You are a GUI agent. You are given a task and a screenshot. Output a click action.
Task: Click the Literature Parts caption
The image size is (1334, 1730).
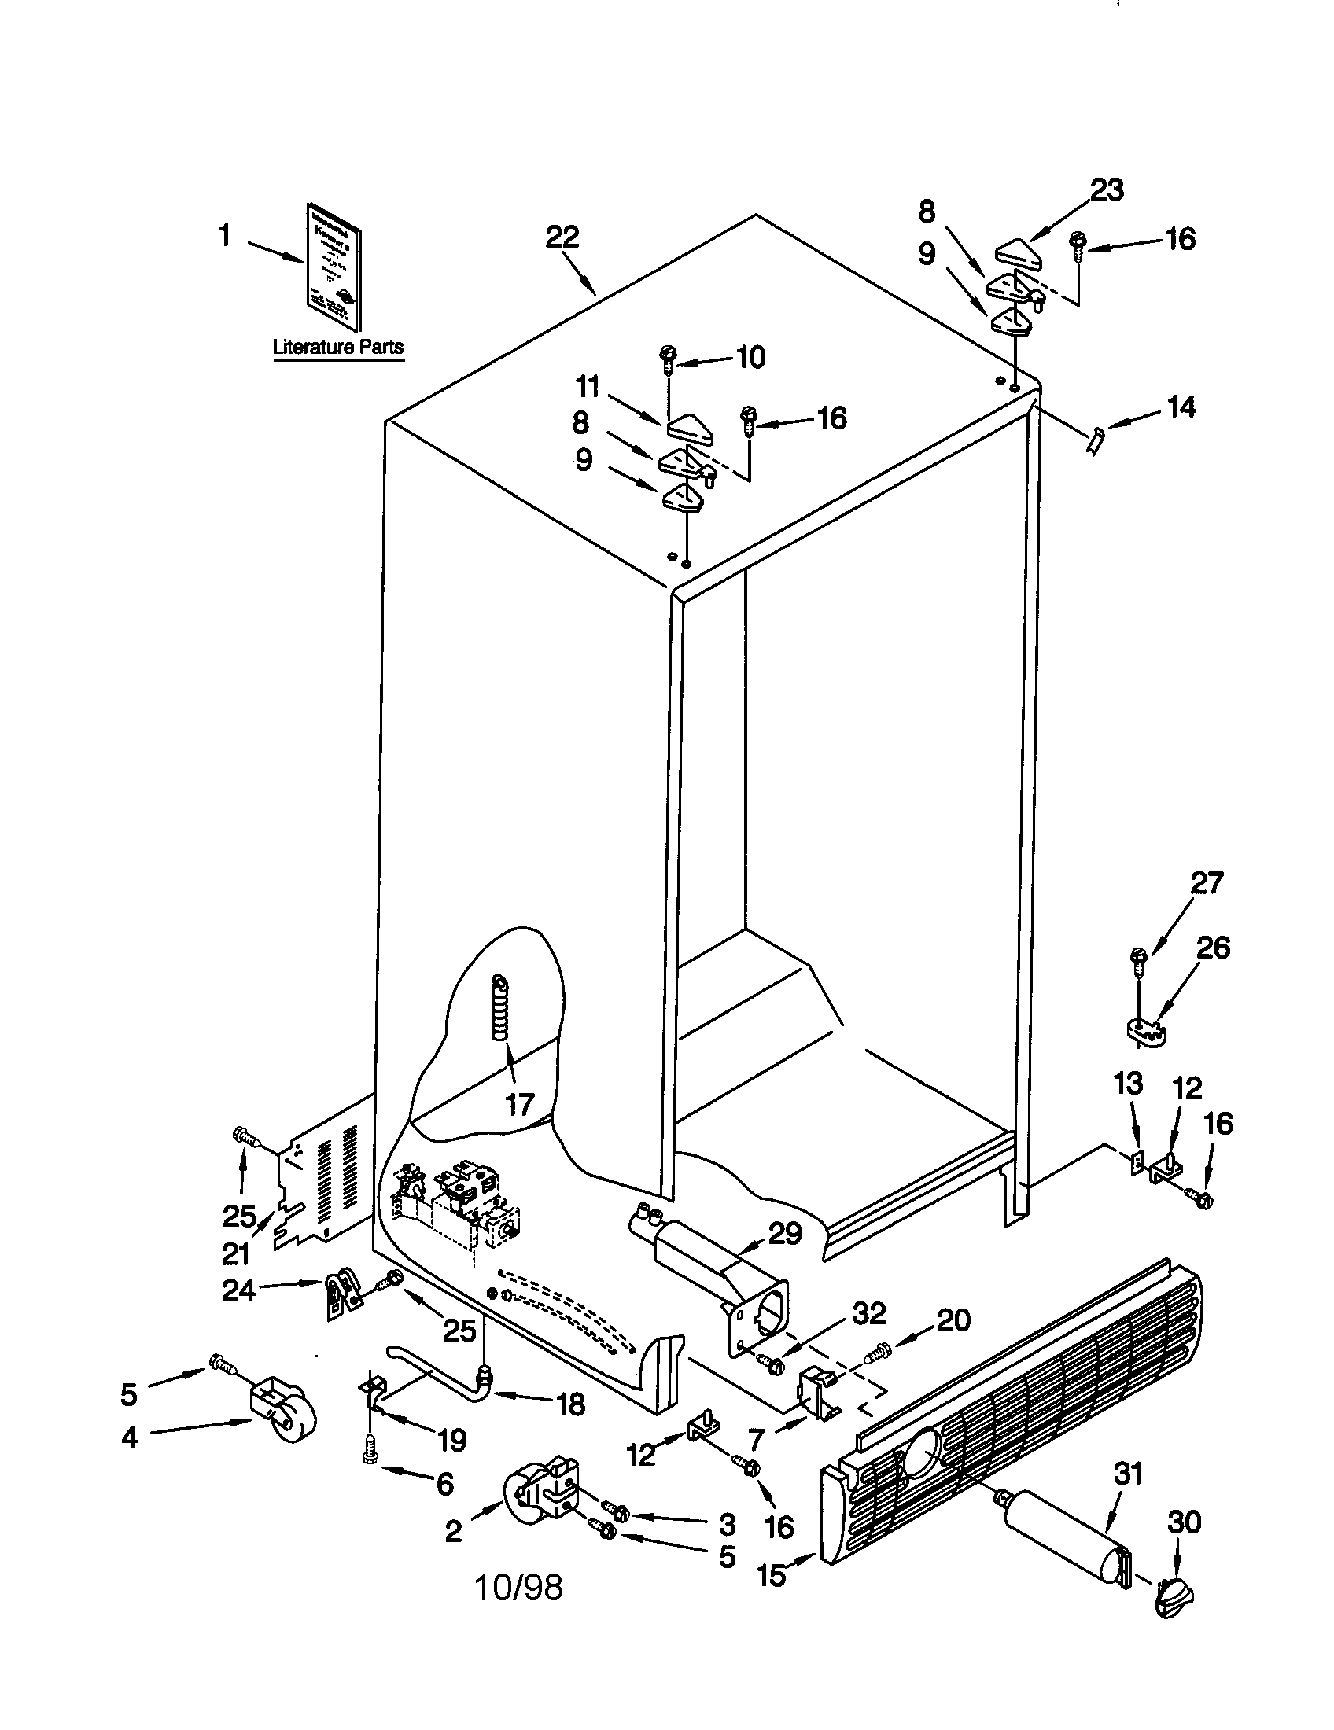[338, 347]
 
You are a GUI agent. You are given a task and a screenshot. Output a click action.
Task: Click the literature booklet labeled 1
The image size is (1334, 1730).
[333, 276]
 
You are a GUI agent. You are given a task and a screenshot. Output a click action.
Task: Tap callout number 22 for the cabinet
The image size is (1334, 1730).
[562, 237]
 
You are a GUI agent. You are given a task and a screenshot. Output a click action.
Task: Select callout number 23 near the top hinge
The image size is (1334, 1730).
[1107, 190]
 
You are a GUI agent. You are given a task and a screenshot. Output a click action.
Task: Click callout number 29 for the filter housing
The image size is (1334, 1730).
[784, 1233]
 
